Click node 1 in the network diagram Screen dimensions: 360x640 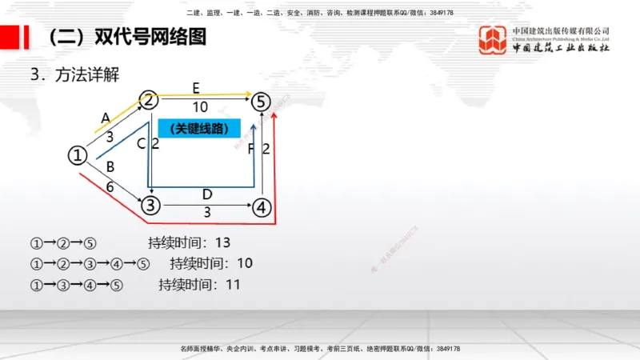(77, 155)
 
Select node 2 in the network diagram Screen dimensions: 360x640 (150, 99)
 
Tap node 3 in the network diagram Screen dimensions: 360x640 (150, 206)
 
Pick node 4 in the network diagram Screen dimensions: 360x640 (262, 207)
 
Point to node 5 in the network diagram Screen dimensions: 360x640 (262, 101)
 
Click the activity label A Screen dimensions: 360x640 (105, 118)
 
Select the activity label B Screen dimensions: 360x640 (110, 167)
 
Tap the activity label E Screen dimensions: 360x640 (196, 86)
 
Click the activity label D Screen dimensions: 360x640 (206, 194)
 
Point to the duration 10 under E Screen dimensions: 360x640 (200, 106)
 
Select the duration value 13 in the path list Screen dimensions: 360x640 (222, 242)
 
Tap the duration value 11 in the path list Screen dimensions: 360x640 (234, 284)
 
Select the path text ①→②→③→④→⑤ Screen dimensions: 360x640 (90, 263)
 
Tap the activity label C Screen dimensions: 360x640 (141, 144)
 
